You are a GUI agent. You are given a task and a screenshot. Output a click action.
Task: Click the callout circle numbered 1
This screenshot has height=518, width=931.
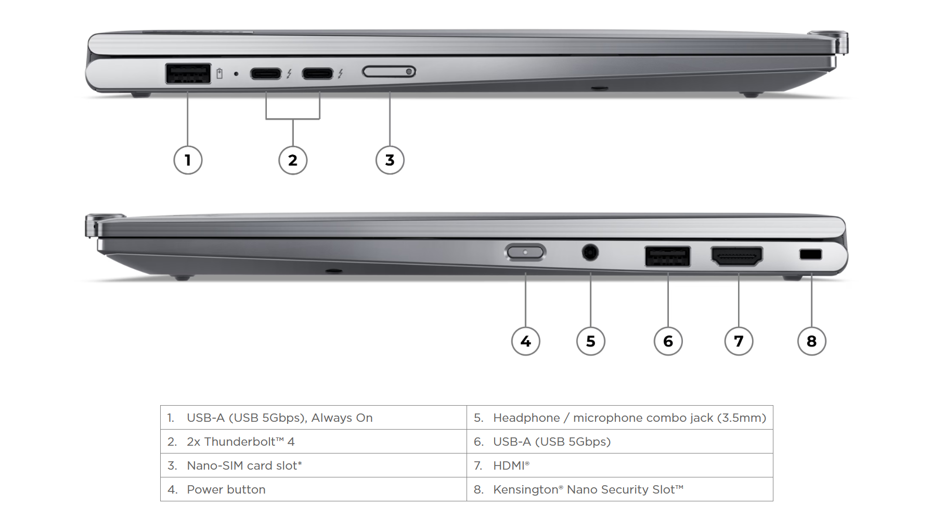tap(188, 160)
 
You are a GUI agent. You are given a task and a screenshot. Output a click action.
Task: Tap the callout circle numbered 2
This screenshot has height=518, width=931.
tap(293, 160)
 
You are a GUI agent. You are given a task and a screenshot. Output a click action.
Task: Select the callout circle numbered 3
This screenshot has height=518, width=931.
tap(390, 160)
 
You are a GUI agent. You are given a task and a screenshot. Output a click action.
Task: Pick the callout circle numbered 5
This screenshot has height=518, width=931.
tap(590, 341)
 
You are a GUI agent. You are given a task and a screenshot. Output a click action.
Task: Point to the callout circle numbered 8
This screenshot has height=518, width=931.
tap(811, 341)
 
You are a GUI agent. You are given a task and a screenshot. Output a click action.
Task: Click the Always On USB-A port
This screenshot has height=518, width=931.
tap(188, 73)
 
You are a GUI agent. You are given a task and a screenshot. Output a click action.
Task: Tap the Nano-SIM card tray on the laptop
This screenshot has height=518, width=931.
tap(389, 72)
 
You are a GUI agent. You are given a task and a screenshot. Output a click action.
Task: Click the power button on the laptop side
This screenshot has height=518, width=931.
tap(525, 253)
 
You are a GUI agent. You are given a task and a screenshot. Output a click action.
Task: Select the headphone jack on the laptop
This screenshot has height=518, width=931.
tap(590, 253)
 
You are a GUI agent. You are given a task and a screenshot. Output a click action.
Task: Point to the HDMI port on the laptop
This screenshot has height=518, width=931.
tap(736, 256)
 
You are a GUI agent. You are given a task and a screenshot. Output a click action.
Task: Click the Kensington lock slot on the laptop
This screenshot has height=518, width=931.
tap(810, 254)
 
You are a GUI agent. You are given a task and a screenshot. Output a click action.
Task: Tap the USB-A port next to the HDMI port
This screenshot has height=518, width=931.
tap(667, 256)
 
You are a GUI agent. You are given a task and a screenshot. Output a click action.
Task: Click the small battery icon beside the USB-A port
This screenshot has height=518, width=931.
tap(219, 74)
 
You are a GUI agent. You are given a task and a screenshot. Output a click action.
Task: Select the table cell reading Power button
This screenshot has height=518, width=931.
tap(313, 489)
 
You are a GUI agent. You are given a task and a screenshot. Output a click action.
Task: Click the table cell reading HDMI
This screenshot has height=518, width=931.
tap(619, 465)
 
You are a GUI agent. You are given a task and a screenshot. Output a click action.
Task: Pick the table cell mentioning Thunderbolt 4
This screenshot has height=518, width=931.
tap(313, 442)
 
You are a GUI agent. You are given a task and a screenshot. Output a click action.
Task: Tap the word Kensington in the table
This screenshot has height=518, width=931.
tap(525, 489)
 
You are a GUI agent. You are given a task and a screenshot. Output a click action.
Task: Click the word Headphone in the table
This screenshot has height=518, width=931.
tap(526, 418)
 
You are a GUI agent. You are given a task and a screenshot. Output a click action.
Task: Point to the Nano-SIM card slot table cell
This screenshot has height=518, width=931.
tap(313, 465)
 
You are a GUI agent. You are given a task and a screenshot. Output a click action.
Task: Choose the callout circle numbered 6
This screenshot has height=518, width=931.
tap(668, 341)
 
